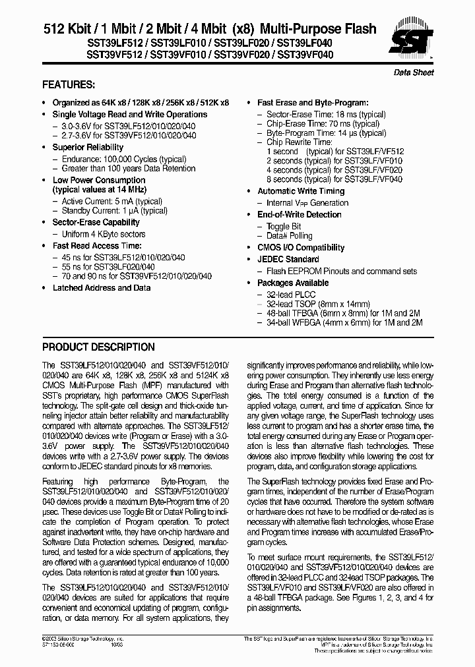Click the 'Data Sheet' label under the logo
tap(414, 72)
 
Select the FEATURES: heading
tap(69, 85)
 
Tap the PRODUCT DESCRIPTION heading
tap(98, 347)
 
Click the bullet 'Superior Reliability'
tap(88, 147)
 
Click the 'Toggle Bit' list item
tap(284, 226)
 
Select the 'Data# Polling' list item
tap(289, 235)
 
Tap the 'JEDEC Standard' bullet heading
tap(288, 259)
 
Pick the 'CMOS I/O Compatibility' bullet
tap(300, 247)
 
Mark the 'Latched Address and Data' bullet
tap(102, 288)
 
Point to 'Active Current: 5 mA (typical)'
tap(111, 201)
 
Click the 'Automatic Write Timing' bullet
tap(301, 191)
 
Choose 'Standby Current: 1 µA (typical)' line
tap(114, 210)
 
